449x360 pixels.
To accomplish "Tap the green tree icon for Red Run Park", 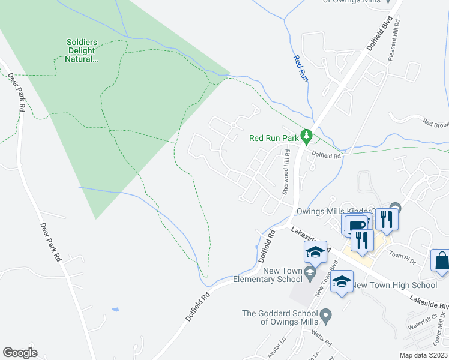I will click(307, 137).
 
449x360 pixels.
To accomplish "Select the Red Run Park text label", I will click(274, 138).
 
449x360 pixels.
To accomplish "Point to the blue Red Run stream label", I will click(300, 68).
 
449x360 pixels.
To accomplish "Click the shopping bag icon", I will click(441, 261).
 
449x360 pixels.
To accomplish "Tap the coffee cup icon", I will click(355, 225).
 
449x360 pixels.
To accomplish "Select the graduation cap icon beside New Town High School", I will click(342, 281).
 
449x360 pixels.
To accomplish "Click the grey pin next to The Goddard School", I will click(326, 314).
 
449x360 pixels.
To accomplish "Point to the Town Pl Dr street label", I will click(402, 256).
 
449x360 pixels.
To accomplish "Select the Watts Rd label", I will click(321, 340).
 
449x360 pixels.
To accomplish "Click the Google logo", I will click(20, 353).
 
